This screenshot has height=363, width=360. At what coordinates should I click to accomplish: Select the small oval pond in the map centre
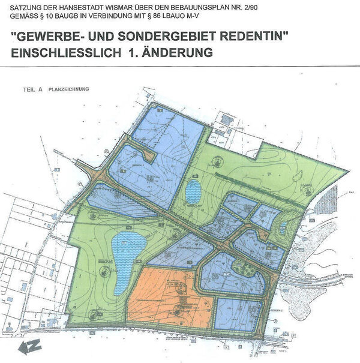pos(193,192)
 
